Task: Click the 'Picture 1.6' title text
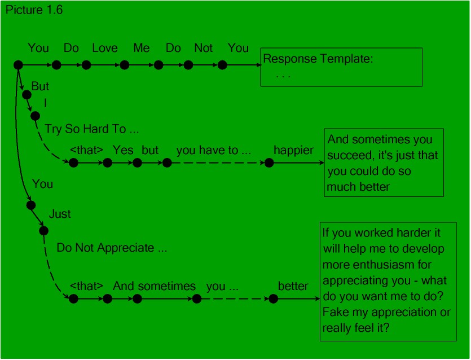coord(34,10)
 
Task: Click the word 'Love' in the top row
coord(105,48)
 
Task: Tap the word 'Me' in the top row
coord(142,48)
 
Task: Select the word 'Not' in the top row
coord(204,48)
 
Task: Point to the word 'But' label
coord(40,86)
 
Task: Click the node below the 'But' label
coord(27,95)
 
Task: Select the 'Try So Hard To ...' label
coord(92,129)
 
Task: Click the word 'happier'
coord(293,150)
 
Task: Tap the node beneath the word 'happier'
coord(269,163)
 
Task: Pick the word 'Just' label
coord(60,214)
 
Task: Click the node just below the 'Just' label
coord(43,231)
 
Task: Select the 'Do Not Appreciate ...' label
coord(112,248)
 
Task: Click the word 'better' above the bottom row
coord(293,286)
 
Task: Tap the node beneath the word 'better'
coord(274,298)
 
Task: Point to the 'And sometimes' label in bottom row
coord(154,286)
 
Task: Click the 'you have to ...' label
coord(214,150)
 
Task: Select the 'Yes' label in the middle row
coord(123,150)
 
